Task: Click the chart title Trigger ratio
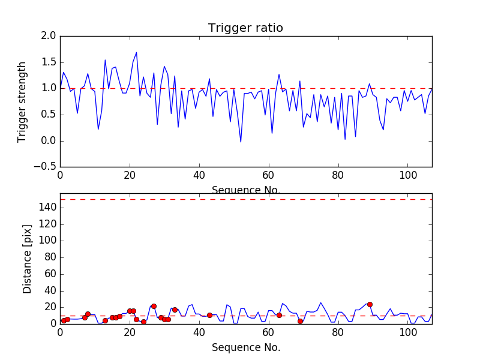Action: [x=245, y=28]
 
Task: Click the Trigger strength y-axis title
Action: [x=22, y=101]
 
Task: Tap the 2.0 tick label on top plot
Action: [x=49, y=36]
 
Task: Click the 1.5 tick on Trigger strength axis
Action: [x=49, y=62]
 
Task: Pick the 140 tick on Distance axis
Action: [x=47, y=208]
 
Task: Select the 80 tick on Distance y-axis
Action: [x=50, y=257]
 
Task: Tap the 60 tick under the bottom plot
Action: [x=269, y=333]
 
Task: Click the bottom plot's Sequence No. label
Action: [x=246, y=347]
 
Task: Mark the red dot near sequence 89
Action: [x=370, y=304]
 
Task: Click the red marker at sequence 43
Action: [x=209, y=315]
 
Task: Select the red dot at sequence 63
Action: [x=279, y=315]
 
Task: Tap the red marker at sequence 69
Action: [x=300, y=321]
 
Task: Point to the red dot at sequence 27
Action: [x=154, y=306]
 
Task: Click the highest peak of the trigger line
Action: [x=136, y=52]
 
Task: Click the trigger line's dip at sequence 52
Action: [x=241, y=142]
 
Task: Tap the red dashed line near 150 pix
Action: [x=246, y=199]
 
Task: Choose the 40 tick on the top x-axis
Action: [x=199, y=176]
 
